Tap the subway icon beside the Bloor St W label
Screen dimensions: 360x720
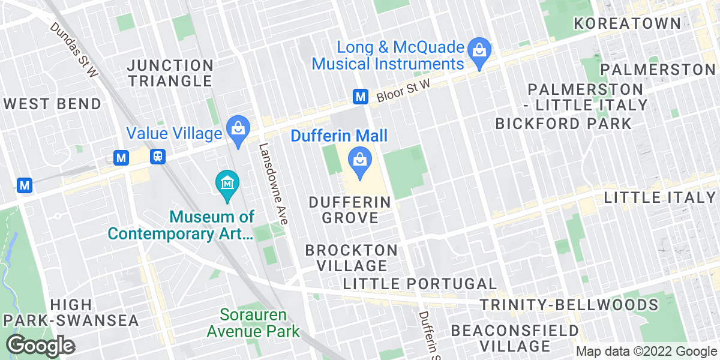click(360, 96)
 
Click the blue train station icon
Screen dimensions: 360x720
click(158, 157)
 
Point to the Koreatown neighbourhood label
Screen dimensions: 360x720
click(628, 23)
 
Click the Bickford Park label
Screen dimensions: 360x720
click(563, 124)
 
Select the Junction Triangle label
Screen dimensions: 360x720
click(170, 73)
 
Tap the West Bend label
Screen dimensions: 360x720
click(52, 104)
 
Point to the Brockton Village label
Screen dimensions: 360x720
click(351, 257)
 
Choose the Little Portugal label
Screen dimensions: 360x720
click(421, 284)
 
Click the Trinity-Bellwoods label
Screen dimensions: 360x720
click(569, 305)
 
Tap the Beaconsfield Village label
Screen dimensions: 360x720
click(515, 338)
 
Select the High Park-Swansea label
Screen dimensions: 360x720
click(70, 313)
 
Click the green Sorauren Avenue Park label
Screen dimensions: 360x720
click(253, 323)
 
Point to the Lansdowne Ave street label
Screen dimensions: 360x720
click(273, 183)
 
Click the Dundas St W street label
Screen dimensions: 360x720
click(74, 50)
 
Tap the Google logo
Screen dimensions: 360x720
click(40, 346)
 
